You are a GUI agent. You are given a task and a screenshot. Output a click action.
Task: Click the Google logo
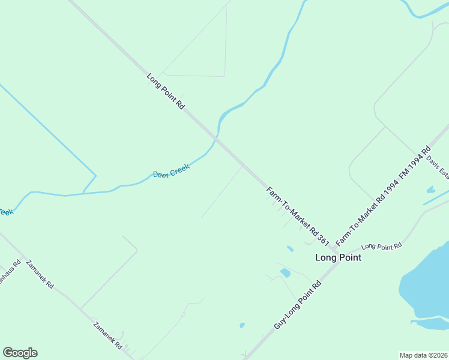coord(20,353)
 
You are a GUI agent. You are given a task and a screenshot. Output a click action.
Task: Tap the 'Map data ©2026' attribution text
coord(423,355)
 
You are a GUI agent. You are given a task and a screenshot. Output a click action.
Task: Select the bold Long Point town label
coord(339,257)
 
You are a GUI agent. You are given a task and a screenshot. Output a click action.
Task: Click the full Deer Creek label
coord(171,172)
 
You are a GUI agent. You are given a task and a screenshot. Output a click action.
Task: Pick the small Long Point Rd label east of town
coord(381,246)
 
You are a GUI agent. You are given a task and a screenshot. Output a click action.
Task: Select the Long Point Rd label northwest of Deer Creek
coord(165,91)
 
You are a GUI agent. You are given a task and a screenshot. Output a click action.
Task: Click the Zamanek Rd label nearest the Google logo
coord(108,337)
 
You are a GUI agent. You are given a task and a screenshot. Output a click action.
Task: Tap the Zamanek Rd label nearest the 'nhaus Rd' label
coord(40,274)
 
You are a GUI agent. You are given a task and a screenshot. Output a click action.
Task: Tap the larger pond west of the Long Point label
coord(285,273)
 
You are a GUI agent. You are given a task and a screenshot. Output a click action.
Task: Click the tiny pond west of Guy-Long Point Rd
coord(242,325)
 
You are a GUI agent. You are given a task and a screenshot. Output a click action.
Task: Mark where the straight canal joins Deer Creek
coord(83,193)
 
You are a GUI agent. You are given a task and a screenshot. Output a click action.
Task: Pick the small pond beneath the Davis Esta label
coord(430,190)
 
